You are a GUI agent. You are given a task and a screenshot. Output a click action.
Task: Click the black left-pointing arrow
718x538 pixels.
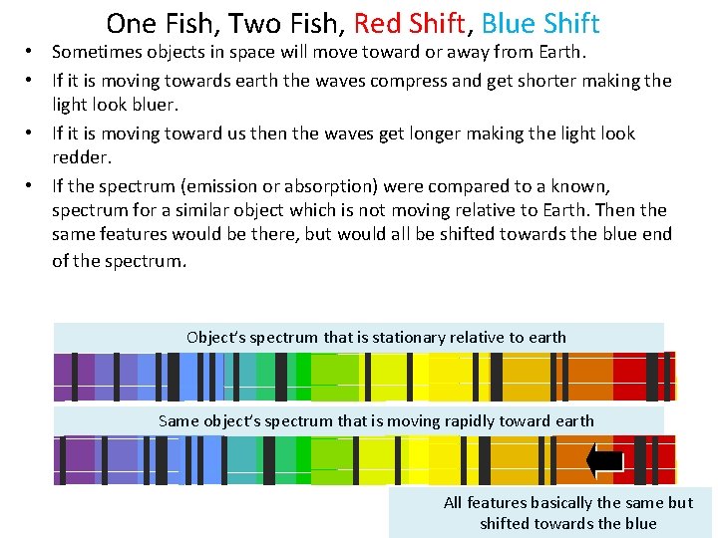pos(605,460)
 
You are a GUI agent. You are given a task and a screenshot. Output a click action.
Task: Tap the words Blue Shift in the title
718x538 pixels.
pos(540,23)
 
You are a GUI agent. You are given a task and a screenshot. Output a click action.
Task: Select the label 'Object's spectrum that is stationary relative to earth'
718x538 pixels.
pos(376,337)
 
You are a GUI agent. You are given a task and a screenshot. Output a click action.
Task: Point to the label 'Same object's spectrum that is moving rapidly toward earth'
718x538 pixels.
pos(376,420)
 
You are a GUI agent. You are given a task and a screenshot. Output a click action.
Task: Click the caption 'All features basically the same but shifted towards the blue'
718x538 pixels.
pos(567,513)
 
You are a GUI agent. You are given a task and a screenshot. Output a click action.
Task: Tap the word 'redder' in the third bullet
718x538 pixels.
pos(83,157)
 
